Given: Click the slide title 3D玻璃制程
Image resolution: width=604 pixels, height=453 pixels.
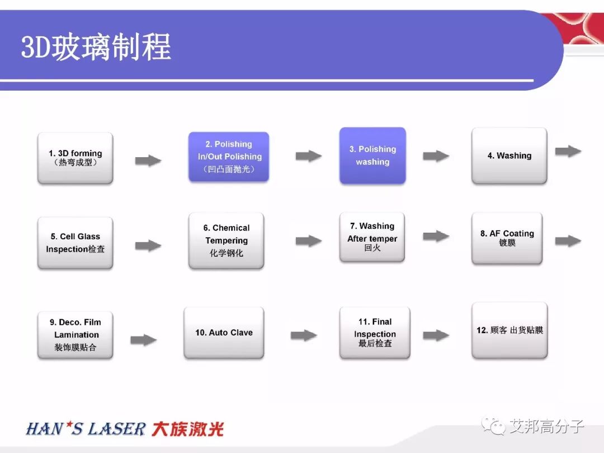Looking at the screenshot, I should coord(96,47).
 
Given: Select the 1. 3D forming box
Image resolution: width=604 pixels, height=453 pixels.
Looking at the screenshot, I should coord(75,158).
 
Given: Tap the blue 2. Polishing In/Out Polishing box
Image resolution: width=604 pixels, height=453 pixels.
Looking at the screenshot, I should coord(229,157).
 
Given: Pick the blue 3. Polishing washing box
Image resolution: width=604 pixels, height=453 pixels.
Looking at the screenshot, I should coord(372,155).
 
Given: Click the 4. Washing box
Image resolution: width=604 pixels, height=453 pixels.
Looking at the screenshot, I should coord(509,155).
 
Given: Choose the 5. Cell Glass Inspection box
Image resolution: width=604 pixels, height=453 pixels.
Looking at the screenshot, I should coord(75,243).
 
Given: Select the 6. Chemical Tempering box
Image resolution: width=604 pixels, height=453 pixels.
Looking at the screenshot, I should coord(226,240).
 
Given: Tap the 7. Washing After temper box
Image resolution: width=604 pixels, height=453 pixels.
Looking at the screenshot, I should coord(372,237).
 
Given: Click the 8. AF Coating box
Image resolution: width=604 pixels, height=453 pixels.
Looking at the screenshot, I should coord(507,238).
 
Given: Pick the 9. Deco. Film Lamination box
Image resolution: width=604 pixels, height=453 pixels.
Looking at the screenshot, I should coord(75,334).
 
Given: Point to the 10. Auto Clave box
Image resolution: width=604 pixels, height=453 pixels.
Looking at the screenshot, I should coord(224,333).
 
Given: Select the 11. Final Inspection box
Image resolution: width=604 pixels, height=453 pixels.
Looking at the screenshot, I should coord(375,333).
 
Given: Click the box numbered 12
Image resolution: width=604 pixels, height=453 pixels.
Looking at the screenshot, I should coord(509,330).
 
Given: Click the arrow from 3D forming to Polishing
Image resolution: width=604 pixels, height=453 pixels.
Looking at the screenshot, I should coord(148,161).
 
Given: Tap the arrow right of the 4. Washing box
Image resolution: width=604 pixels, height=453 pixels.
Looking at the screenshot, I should coord(568,151).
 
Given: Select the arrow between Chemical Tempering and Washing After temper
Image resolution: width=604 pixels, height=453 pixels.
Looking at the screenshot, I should coord(309,241).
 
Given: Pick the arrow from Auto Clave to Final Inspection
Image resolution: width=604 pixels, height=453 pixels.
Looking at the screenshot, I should coord(304,336).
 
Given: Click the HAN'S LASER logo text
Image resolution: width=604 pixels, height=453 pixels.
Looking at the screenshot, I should coord(86,430).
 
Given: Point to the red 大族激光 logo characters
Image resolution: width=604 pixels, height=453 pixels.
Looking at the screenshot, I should coord(188,430).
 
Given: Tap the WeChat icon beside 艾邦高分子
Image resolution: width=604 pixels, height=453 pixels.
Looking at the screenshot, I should coord(494,427).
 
